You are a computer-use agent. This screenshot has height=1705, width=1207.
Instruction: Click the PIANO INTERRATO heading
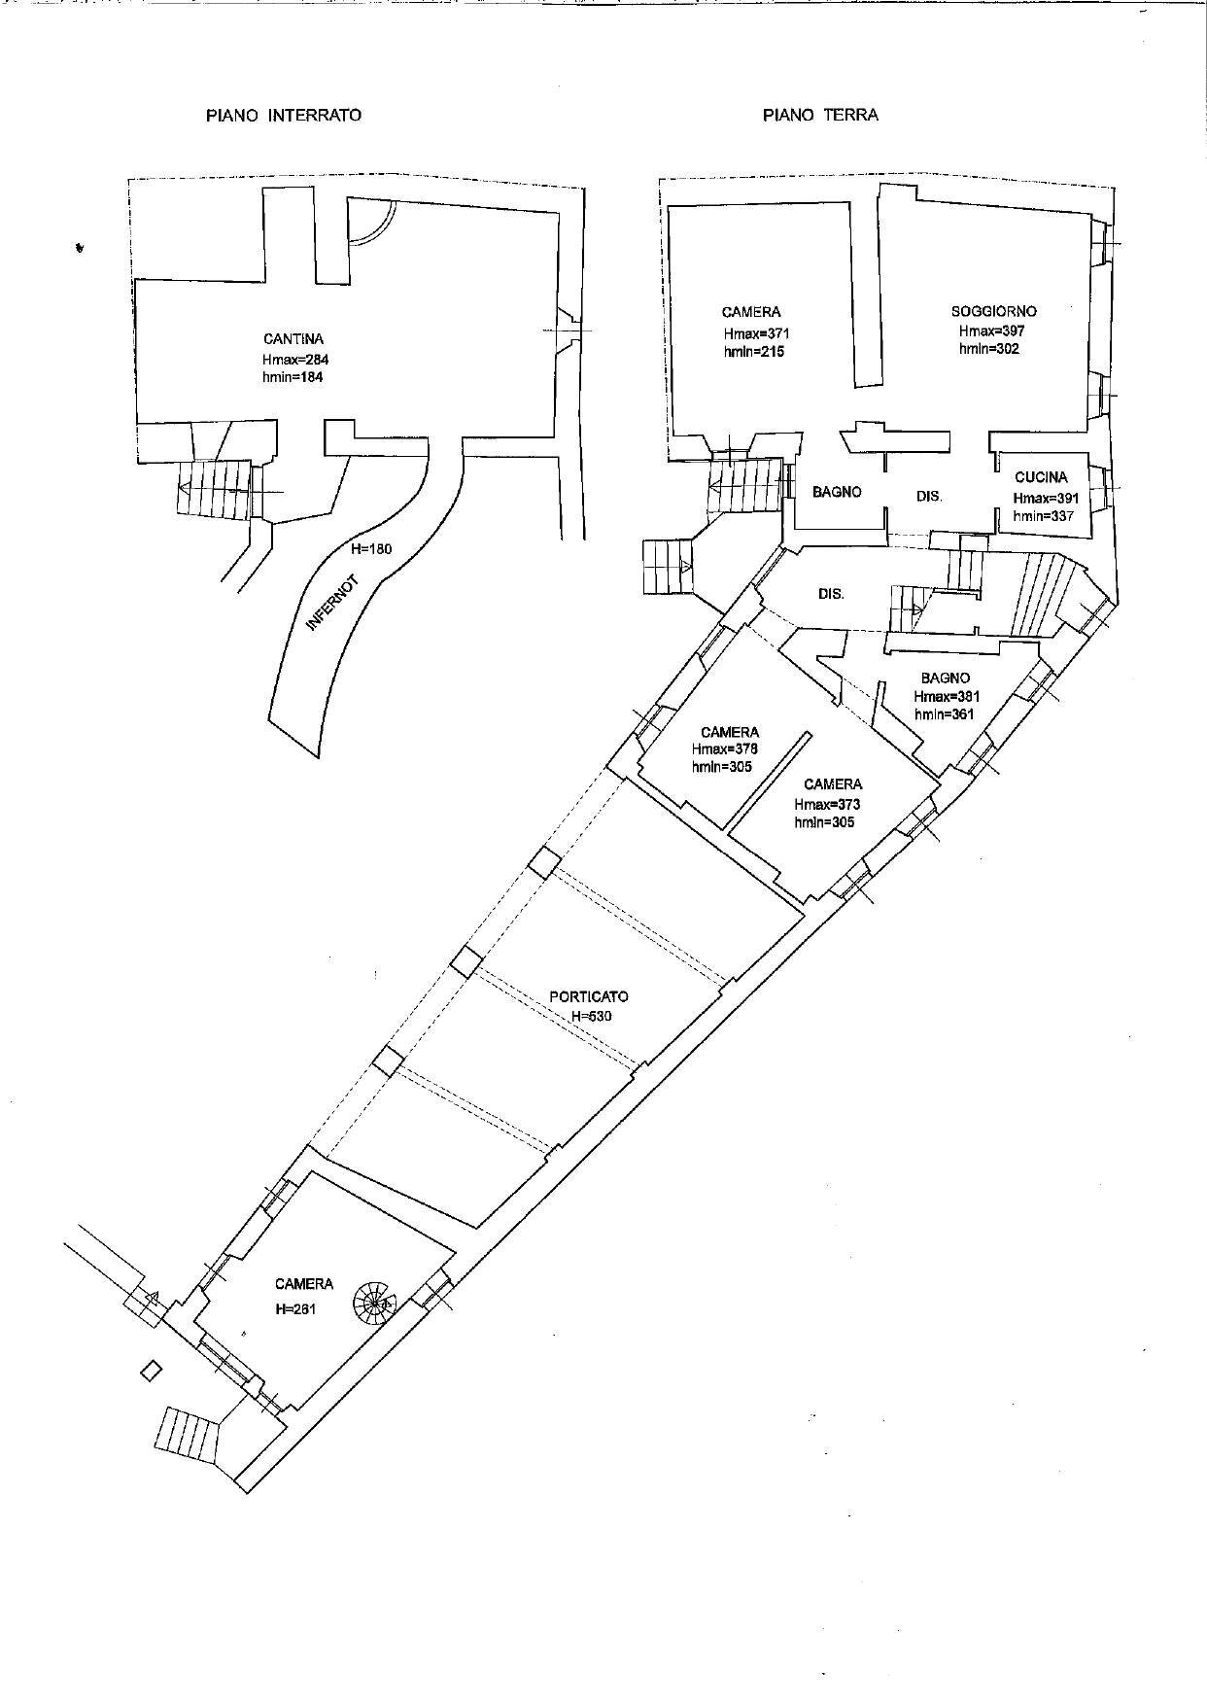pos(283,115)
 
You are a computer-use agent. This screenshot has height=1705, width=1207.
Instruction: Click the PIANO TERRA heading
pos(820,115)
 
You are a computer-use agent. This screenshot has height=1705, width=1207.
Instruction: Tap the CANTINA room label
pos(293,339)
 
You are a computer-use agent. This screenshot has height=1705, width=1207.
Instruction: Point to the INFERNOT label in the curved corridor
pos(332,604)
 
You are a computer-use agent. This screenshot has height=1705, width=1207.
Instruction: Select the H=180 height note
pos(371,549)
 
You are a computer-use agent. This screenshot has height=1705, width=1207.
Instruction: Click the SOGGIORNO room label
pos(993,312)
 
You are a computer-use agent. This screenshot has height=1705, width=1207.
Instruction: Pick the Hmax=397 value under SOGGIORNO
pos(991,331)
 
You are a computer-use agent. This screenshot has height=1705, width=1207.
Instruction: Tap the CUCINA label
pos(1041,477)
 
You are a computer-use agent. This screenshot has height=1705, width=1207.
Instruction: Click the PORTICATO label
pos(589,996)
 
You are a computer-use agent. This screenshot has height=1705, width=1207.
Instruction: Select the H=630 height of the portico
pos(592,1016)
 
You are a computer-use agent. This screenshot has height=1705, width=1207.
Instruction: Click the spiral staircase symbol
pos(374,1300)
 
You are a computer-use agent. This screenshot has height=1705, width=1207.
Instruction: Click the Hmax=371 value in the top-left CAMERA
pos(751,332)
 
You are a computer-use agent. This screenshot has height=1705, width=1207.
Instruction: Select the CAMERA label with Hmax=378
pos(730,732)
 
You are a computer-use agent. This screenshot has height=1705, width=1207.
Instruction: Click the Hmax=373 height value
pos(826,804)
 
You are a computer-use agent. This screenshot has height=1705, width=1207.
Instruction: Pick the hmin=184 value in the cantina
pos(293,377)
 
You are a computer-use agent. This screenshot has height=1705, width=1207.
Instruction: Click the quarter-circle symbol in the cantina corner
pos(368,222)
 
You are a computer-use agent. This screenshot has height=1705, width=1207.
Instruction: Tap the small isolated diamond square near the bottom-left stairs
pos(150,1372)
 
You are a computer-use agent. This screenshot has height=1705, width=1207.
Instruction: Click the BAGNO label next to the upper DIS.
pos(837,492)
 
